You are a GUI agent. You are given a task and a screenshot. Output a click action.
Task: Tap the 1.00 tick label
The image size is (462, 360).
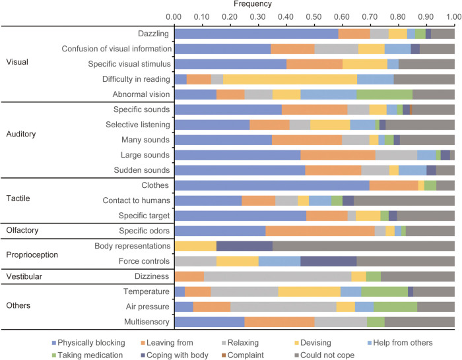[454, 15]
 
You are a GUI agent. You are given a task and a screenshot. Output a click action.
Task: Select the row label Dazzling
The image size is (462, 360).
[151, 34]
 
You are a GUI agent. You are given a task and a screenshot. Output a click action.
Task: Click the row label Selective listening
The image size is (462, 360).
[138, 124]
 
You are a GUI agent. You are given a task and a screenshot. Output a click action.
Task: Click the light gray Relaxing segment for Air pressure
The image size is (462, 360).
[283, 307]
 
